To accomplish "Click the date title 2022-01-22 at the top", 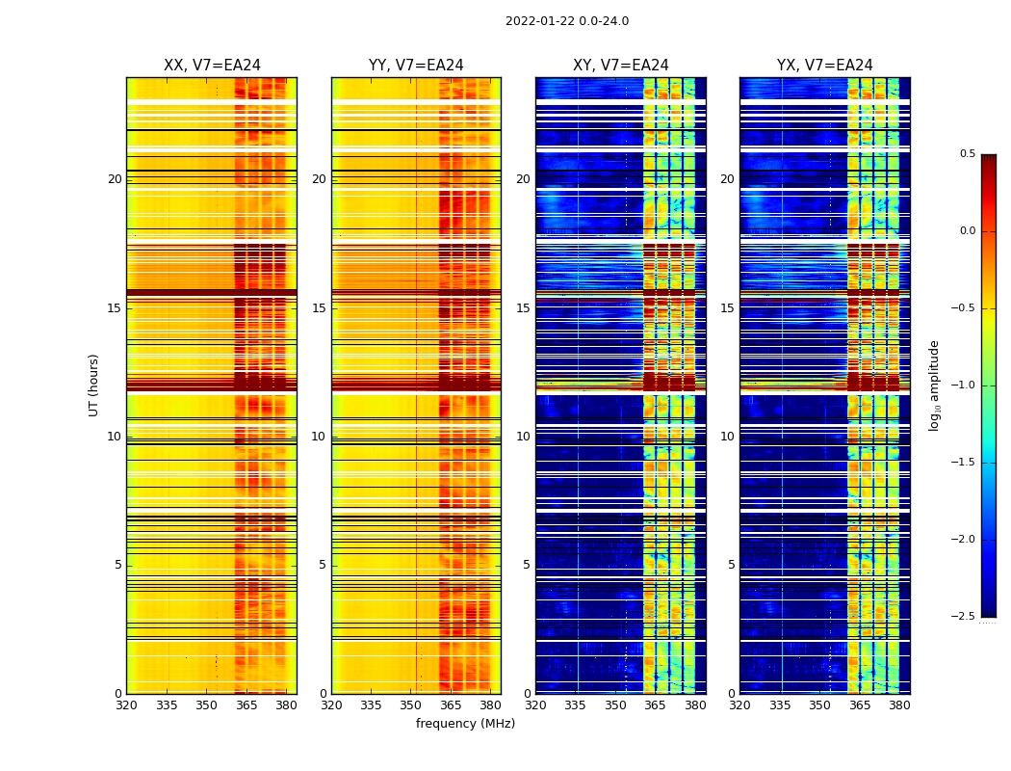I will pyautogui.click(x=567, y=21).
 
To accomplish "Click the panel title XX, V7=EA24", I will pyautogui.click(x=212, y=66).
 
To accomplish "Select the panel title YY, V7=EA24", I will pyautogui.click(x=416, y=66).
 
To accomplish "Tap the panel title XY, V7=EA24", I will pyautogui.click(x=621, y=66).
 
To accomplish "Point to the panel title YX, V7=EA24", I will pyautogui.click(x=825, y=66).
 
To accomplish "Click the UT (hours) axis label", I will pyautogui.click(x=93, y=385).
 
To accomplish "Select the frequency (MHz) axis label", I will pyautogui.click(x=465, y=724).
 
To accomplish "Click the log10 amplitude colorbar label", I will pyautogui.click(x=934, y=385).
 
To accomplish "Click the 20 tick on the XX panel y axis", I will pyautogui.click(x=115, y=179).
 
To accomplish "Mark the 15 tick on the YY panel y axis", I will pyautogui.click(x=319, y=308).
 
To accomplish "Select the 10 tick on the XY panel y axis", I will pyautogui.click(x=523, y=437).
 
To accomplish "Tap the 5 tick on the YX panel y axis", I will pyautogui.click(x=731, y=565).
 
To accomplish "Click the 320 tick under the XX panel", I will pyautogui.click(x=126, y=705).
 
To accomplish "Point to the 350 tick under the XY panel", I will pyautogui.click(x=614, y=705).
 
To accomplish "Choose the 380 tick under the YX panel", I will pyautogui.click(x=899, y=705).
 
